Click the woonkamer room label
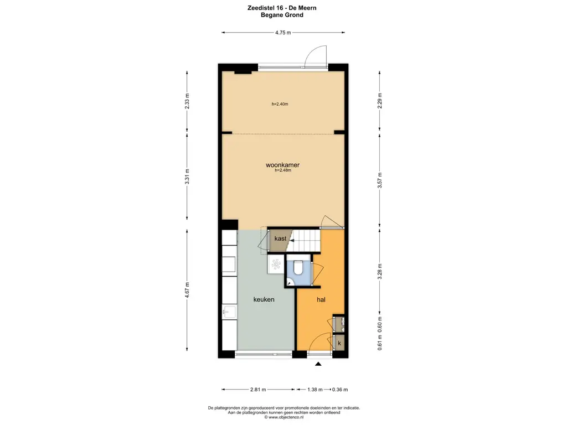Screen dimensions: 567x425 282,165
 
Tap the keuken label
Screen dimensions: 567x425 264,299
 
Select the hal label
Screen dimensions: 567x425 321,299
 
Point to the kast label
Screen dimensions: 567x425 280,238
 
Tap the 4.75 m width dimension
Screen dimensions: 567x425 283,33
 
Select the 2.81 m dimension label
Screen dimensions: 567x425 258,390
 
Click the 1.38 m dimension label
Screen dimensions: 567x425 315,390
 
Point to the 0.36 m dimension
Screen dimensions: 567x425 340,390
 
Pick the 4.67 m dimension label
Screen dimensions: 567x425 187,290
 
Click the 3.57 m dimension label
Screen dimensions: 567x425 380,180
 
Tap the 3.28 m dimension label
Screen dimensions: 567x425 380,271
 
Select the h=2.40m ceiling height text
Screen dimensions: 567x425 280,104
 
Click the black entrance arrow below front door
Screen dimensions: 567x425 318,364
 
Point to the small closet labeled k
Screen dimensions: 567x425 339,343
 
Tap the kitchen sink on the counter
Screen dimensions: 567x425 229,312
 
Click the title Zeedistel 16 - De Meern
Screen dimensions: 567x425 282,8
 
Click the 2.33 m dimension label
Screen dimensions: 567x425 187,101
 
